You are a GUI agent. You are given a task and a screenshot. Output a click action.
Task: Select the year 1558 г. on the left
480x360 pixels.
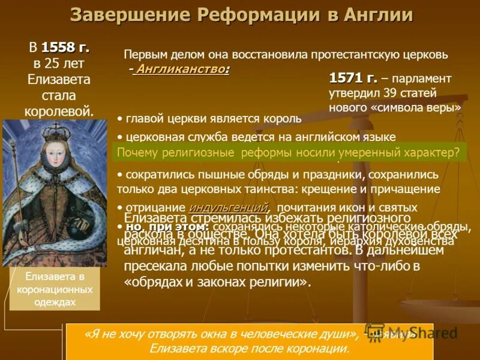coord(65,47)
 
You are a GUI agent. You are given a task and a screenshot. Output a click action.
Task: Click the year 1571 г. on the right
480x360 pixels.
coord(353,79)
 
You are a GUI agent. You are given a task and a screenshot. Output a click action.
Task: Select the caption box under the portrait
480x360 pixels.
coord(55,289)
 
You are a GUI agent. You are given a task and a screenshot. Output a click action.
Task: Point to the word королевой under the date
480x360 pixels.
coord(59,110)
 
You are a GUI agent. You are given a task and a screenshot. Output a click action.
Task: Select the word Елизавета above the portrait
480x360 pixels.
coord(59,79)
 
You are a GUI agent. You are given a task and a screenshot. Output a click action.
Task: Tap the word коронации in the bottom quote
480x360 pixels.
coord(320,348)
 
